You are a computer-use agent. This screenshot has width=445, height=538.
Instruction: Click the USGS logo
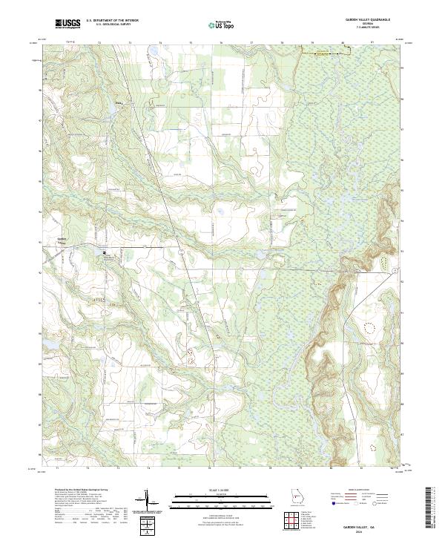67,24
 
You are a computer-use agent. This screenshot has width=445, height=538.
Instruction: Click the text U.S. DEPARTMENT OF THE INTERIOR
111,21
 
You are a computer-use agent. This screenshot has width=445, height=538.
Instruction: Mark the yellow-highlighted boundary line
320,52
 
